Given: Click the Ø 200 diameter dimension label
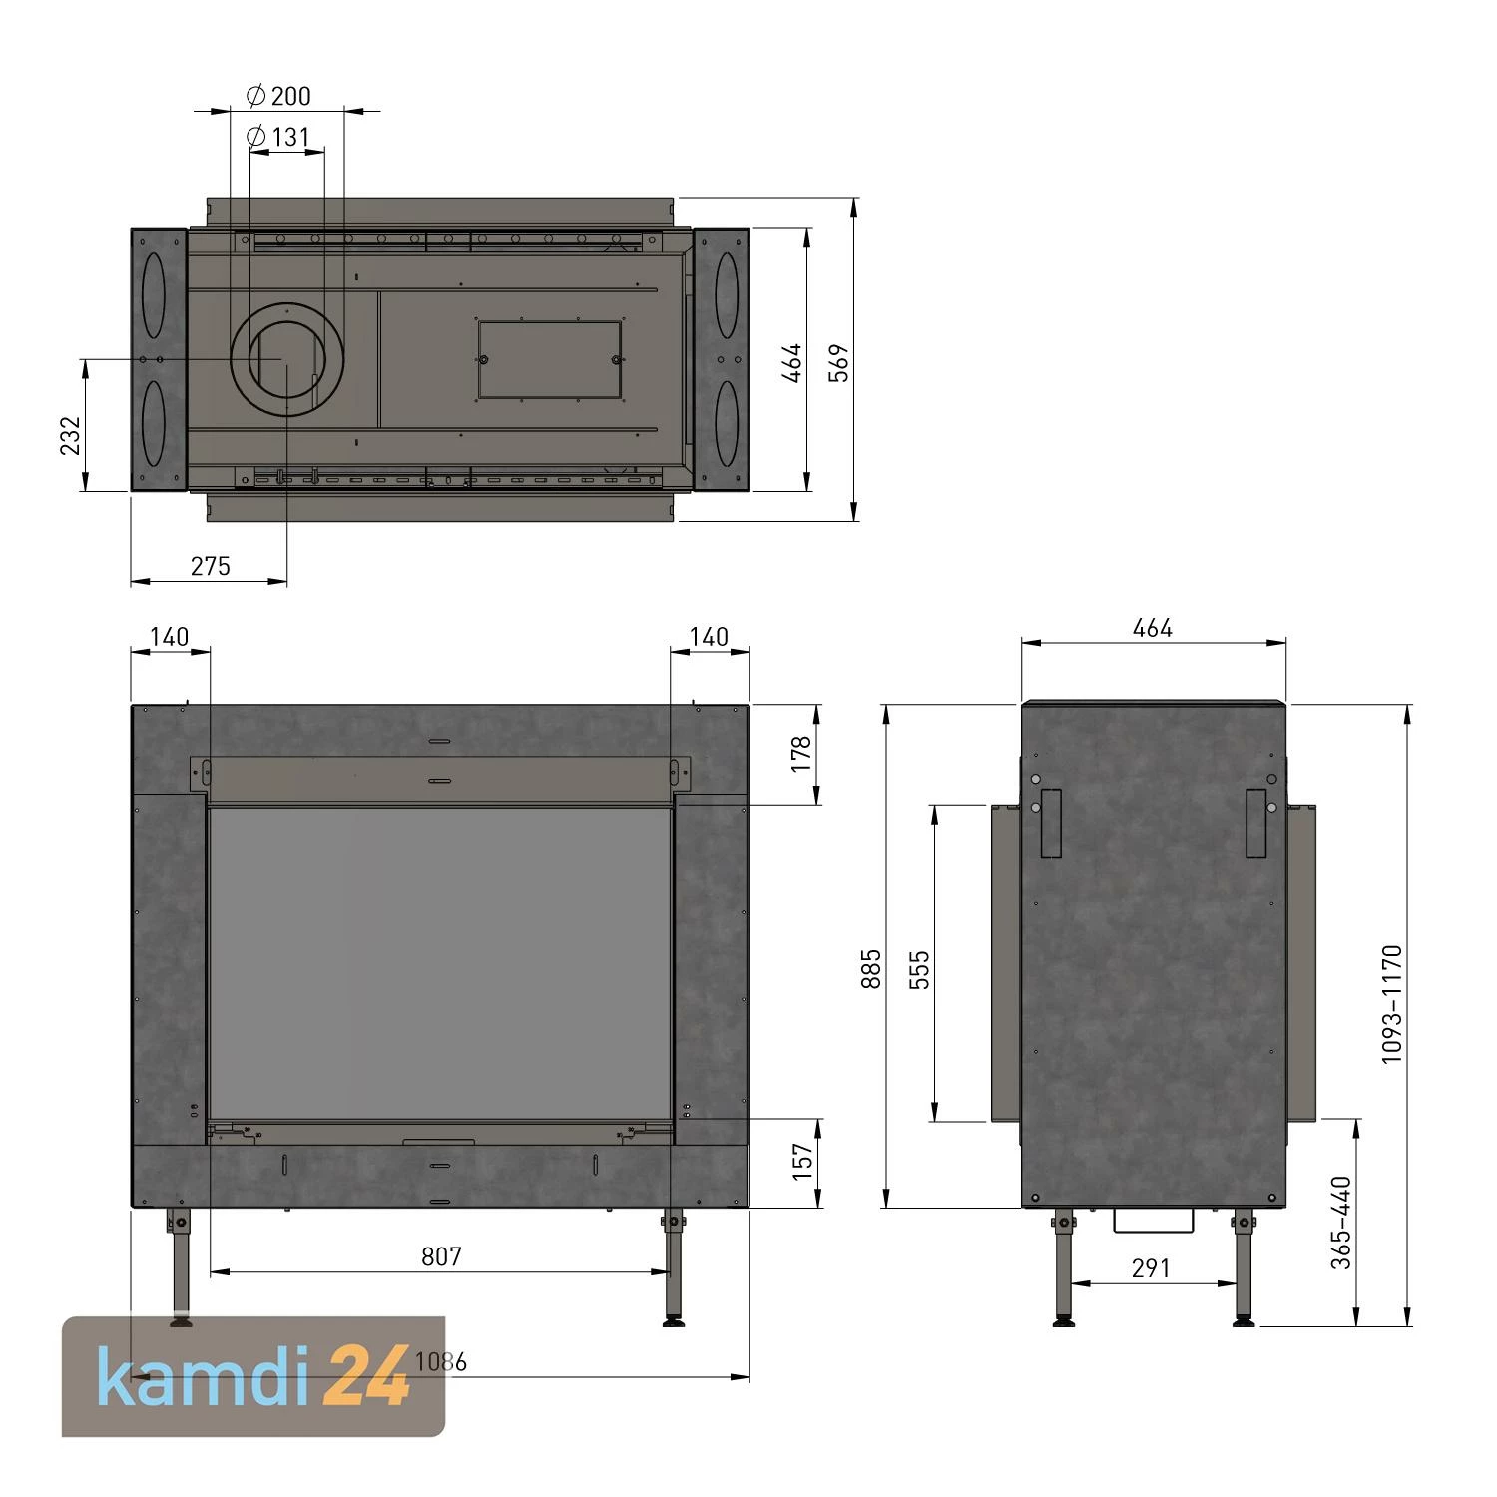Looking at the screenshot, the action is pyautogui.click(x=279, y=96).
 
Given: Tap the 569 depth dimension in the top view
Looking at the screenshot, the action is pyautogui.click(x=840, y=362).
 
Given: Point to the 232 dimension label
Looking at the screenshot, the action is pyautogui.click(x=70, y=435).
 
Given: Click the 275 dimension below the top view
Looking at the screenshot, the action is pyautogui.click(x=210, y=566).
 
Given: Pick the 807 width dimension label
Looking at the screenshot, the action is pyautogui.click(x=441, y=1256).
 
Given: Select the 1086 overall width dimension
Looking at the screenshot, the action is pyautogui.click(x=440, y=1362).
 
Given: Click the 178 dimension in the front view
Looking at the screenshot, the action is pyautogui.click(x=801, y=754).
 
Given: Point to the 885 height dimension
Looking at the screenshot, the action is pyautogui.click(x=871, y=969).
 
